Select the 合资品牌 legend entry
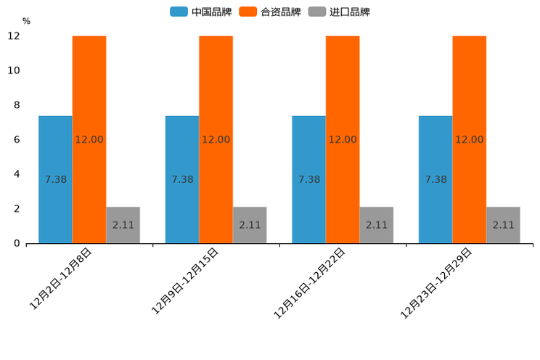click(x=270, y=12)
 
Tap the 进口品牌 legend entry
click(x=339, y=12)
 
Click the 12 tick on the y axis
click(x=14, y=36)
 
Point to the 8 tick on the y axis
click(x=17, y=105)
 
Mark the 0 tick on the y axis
click(x=17, y=243)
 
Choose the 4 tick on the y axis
click(x=17, y=174)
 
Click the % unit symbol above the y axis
click(x=26, y=21)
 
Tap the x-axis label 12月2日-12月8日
click(x=61, y=279)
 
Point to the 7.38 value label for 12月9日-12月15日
click(x=182, y=179)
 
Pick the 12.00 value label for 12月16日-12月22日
click(x=343, y=139)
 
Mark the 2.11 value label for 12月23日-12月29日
click(x=503, y=225)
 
